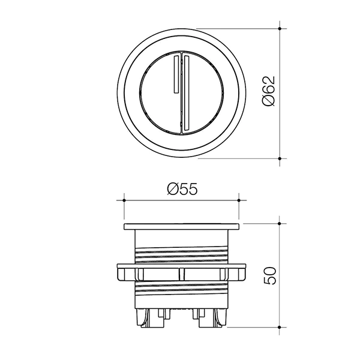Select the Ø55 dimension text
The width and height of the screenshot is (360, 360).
tap(181, 190)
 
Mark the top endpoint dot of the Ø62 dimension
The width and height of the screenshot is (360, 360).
tap(281, 26)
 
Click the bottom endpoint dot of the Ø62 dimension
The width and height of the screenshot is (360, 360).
tap(281, 158)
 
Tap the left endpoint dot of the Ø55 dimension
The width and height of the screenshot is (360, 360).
tap(123, 201)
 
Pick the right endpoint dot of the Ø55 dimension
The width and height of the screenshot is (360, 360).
tap(239, 201)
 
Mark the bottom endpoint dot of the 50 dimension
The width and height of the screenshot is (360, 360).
tap(281, 328)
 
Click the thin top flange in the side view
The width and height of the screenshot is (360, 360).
tap(181, 227)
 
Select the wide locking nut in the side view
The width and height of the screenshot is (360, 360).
tap(181, 273)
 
